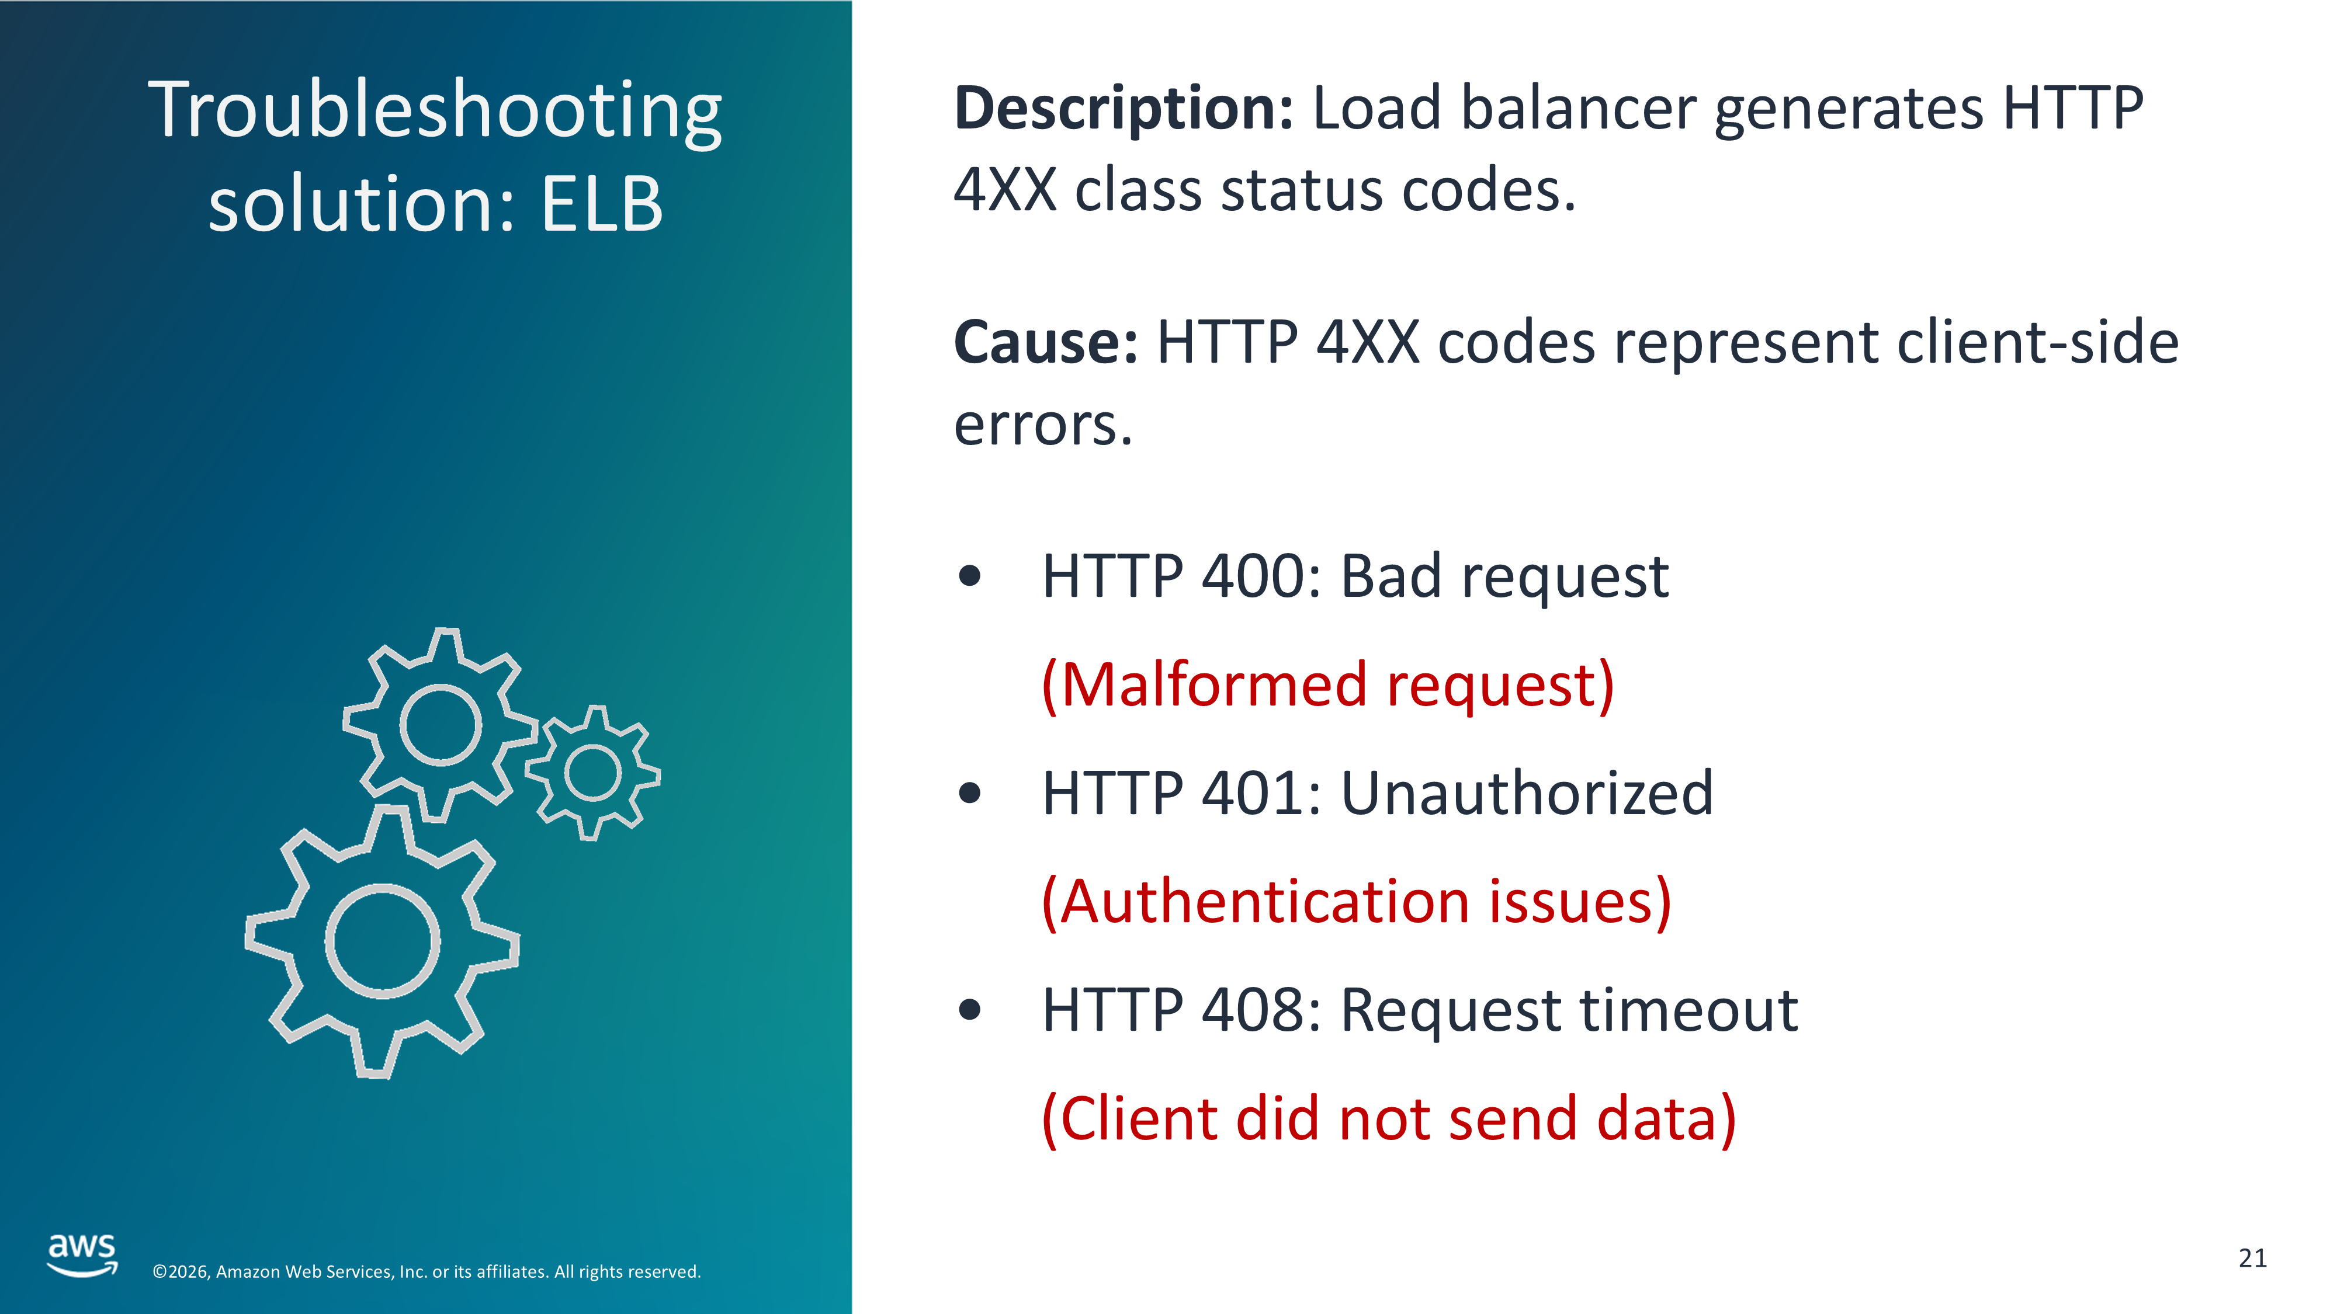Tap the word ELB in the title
point(602,204)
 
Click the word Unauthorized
point(1527,794)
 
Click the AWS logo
point(82,1255)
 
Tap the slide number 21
point(2253,1259)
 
